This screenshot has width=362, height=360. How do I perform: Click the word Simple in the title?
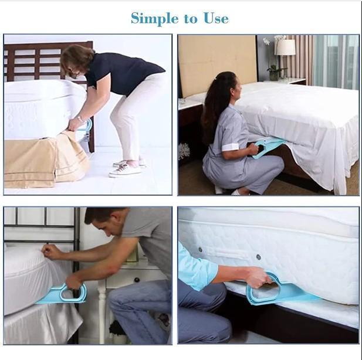154,18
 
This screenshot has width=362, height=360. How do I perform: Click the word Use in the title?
215,18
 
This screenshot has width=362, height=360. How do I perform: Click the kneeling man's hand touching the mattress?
51,251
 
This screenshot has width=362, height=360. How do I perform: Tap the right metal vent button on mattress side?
258,257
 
